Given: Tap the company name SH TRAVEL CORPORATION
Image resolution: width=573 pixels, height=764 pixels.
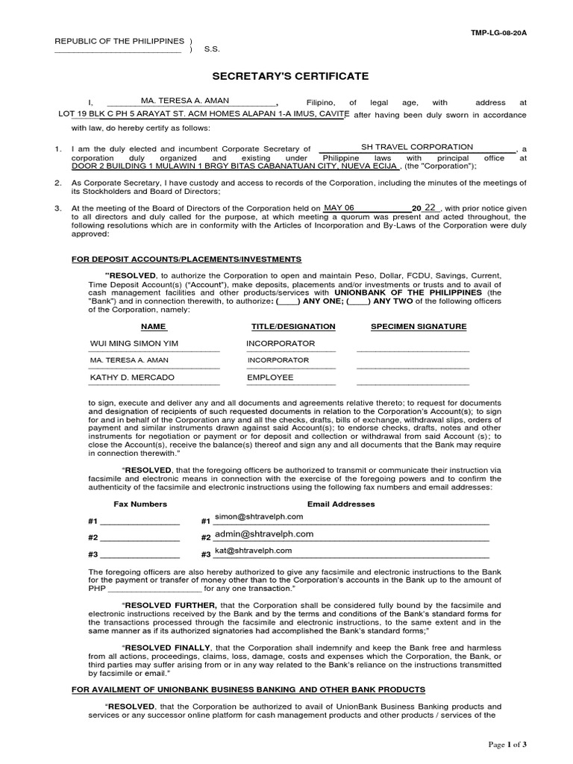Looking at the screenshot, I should click(x=417, y=147).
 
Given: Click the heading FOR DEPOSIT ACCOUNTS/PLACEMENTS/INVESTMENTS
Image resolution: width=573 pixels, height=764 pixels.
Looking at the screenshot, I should click(x=187, y=259).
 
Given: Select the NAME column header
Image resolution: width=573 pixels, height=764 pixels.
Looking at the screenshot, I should click(x=153, y=327).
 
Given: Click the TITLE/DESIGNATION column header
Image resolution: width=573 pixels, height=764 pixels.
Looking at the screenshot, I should click(x=293, y=327).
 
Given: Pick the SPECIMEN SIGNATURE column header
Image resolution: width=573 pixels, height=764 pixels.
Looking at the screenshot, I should click(x=419, y=327).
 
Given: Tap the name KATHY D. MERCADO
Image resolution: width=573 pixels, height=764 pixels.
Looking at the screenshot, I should click(x=132, y=378).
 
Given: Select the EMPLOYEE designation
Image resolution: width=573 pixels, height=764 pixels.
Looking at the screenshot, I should click(x=270, y=378).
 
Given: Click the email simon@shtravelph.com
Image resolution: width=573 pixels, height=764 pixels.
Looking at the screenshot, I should click(x=259, y=516).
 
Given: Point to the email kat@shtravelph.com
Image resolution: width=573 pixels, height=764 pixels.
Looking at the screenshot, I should click(x=254, y=551).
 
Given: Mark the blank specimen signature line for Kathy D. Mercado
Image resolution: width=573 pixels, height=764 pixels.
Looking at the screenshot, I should click(x=413, y=383).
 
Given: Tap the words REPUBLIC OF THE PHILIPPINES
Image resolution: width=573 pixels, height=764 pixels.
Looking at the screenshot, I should click(x=119, y=40).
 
